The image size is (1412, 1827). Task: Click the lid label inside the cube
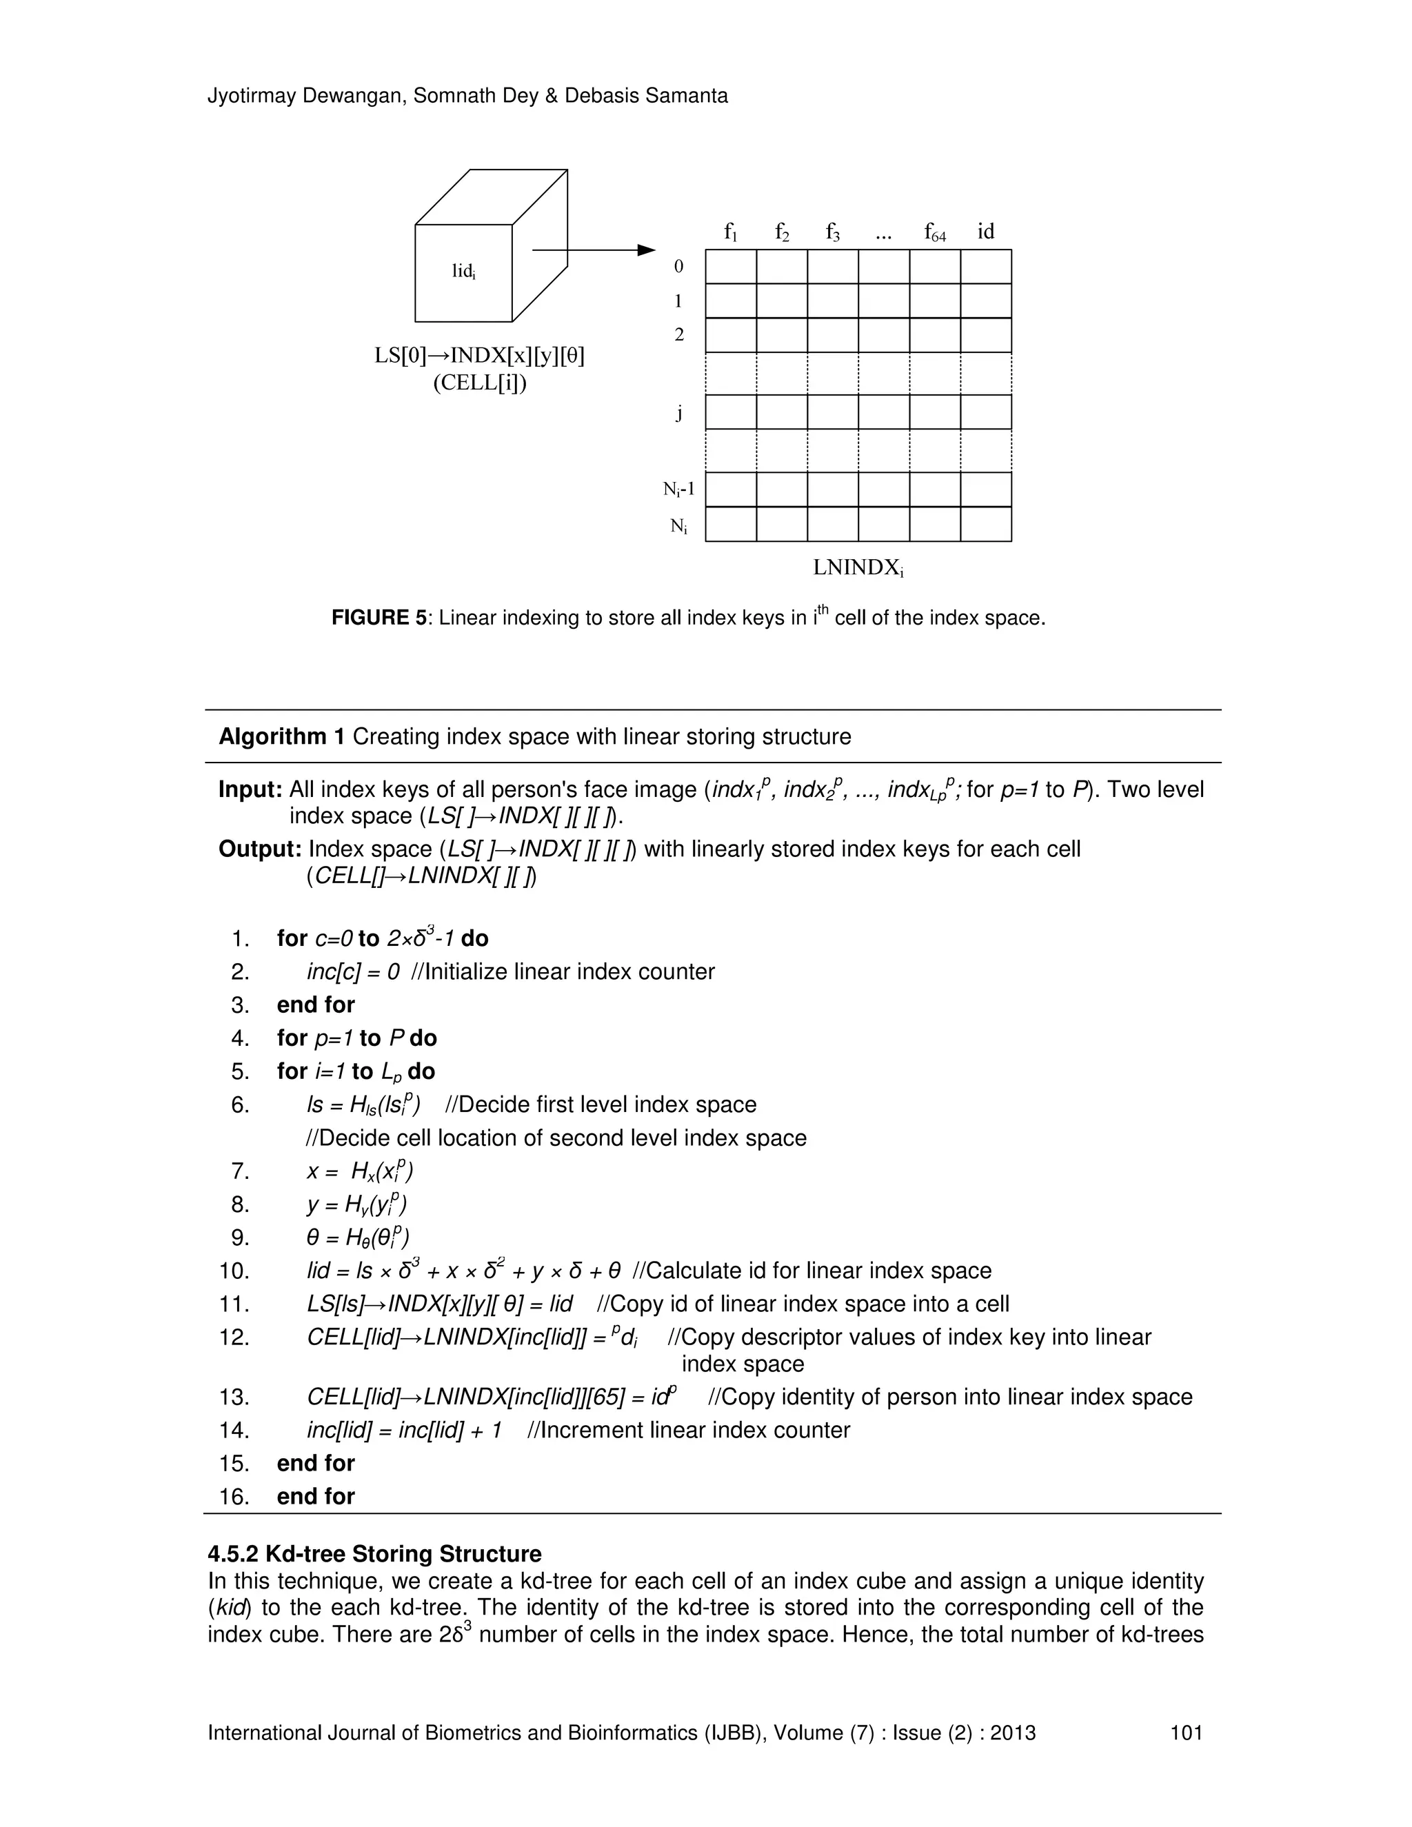point(463,271)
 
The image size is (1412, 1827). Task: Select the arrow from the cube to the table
point(592,250)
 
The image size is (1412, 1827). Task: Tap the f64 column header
point(935,232)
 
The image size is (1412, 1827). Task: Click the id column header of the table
point(985,232)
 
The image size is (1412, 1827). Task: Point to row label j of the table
point(679,412)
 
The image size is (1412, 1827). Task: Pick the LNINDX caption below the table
point(858,568)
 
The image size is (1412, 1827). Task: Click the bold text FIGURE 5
point(380,618)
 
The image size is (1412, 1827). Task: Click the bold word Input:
point(251,789)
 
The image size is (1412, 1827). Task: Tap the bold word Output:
point(259,849)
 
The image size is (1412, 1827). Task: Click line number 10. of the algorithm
point(234,1271)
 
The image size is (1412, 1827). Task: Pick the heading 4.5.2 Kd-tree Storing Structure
point(375,1553)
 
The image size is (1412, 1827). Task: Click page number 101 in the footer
point(1186,1733)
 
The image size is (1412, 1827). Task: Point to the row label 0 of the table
point(678,267)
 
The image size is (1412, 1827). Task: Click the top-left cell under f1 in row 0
point(730,267)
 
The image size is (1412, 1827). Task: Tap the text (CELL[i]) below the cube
point(479,383)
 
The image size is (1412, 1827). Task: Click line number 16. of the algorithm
point(234,1496)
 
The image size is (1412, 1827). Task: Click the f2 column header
point(781,232)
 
